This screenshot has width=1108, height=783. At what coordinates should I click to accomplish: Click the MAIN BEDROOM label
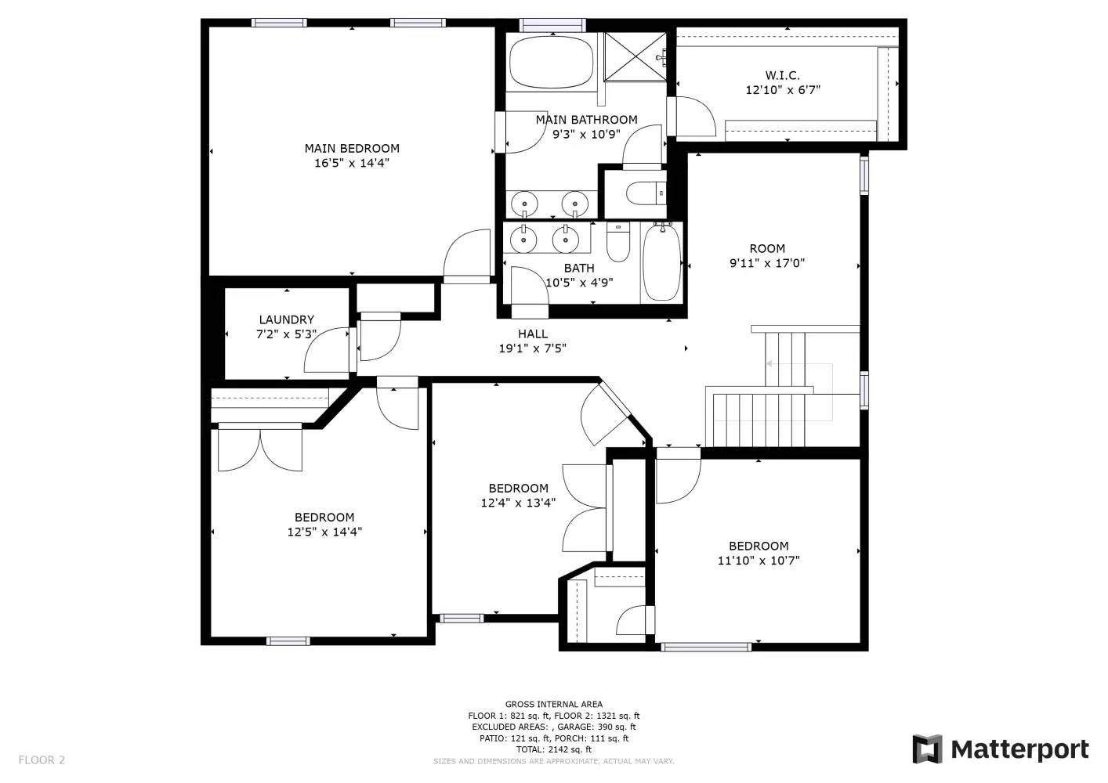click(x=352, y=148)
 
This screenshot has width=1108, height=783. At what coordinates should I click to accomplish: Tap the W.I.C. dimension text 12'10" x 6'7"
click(x=782, y=90)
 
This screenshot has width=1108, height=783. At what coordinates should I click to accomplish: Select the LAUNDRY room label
click(x=286, y=319)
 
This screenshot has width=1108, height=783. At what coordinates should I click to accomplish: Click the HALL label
click(x=532, y=334)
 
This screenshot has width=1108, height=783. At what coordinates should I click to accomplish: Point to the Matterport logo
click(x=1001, y=749)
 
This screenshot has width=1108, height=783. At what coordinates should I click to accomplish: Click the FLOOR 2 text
click(x=42, y=760)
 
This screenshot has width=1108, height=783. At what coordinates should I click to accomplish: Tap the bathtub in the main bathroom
click(x=552, y=63)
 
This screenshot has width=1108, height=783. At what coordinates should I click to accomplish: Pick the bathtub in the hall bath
click(x=661, y=262)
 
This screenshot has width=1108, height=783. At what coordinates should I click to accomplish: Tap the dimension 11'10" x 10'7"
click(x=758, y=561)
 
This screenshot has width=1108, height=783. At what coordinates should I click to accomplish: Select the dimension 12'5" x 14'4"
click(x=324, y=532)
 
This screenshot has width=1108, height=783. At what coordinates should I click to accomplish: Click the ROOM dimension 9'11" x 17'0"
click(x=766, y=263)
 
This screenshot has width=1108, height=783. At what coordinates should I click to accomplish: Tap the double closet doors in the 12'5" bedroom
click(x=260, y=449)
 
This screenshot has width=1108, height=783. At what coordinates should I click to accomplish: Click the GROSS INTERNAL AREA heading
click(x=553, y=705)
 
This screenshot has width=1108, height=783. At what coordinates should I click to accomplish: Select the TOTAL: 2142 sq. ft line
click(x=553, y=749)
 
